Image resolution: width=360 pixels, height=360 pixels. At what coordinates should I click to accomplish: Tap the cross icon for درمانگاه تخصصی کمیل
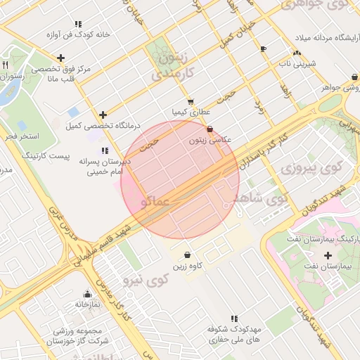(103, 115)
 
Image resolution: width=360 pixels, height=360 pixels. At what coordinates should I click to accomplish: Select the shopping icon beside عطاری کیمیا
(191, 101)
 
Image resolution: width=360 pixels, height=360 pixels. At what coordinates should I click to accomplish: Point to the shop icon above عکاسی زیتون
(211, 129)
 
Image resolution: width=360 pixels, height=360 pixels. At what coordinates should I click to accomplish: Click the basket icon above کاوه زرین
(187, 255)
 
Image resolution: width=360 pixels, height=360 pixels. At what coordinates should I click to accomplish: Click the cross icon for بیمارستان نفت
(328, 255)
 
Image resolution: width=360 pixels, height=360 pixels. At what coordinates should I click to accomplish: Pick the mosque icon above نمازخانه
(87, 294)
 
